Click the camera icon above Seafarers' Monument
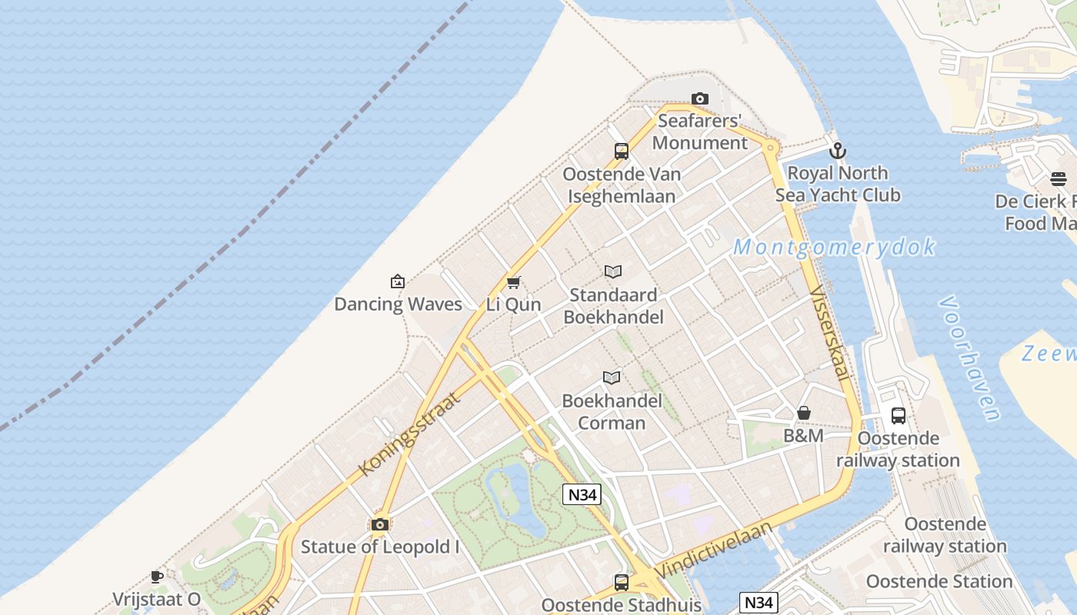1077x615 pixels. click(699, 98)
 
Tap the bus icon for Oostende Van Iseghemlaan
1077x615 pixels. click(622, 151)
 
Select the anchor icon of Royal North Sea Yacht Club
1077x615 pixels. click(838, 150)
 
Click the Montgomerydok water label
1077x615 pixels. click(834, 247)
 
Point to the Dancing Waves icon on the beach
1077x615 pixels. click(398, 281)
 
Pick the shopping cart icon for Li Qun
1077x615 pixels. click(513, 282)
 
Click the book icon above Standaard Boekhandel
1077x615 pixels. click(613, 271)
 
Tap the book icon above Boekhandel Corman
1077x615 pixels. click(612, 377)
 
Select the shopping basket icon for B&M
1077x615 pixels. click(804, 413)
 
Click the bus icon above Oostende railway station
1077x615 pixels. click(898, 415)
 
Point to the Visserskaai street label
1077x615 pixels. click(829, 334)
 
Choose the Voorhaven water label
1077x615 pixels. click(969, 358)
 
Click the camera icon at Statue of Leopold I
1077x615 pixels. click(379, 524)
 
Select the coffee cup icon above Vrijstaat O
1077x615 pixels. click(157, 577)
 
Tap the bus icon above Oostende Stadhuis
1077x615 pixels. click(622, 582)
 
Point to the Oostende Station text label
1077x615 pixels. click(939, 581)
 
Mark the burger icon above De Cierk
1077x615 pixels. click(1059, 179)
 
